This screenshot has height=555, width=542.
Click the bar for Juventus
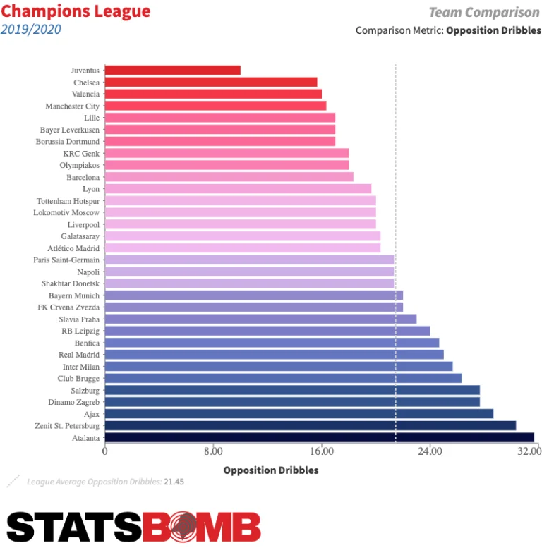coord(172,70)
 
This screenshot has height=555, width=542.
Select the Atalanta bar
coord(319,437)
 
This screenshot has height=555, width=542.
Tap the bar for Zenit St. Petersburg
coord(311,425)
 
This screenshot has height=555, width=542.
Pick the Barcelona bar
coord(229,177)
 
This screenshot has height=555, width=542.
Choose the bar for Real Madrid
coord(274,355)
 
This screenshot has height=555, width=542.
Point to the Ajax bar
coord(299,414)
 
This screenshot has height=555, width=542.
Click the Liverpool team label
coord(83,224)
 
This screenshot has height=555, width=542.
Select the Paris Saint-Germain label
coord(66,260)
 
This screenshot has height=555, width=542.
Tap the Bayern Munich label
coord(74,295)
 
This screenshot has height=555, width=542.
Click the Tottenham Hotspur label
coord(68,200)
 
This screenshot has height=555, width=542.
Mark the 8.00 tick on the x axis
coord(213,451)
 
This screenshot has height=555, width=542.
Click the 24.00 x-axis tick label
coord(429,451)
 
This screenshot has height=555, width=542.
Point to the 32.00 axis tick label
coord(527,451)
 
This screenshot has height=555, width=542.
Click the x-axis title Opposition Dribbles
coord(271,470)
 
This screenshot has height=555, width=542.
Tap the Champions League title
coord(76,12)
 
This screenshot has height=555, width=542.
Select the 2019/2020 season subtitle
coord(31,30)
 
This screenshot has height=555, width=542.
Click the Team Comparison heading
coord(484,13)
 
